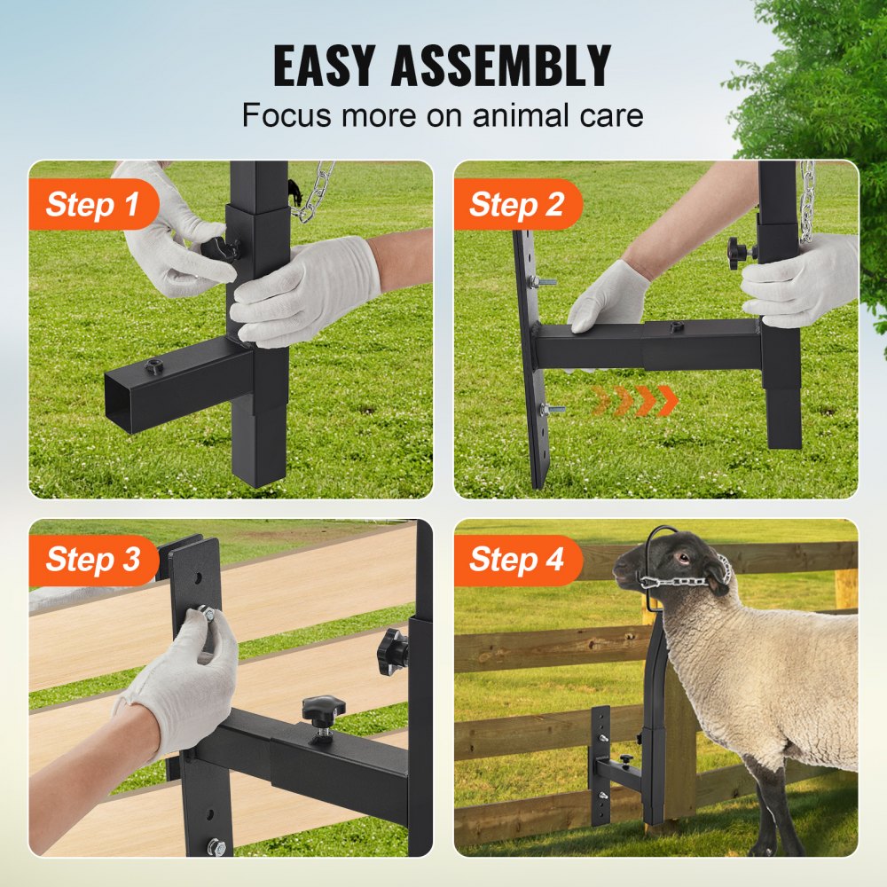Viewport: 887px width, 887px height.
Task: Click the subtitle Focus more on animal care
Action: click(x=443, y=115)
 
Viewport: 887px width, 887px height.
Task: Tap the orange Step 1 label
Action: click(x=92, y=205)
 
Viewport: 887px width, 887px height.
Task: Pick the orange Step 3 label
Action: click(x=92, y=560)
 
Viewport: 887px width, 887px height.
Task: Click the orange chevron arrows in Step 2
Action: click(x=635, y=401)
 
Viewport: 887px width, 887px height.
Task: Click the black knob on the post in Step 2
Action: click(x=740, y=252)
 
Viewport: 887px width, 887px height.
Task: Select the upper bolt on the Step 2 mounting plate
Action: click(x=540, y=282)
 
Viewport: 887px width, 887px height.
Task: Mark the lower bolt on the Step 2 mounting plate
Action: click(x=551, y=409)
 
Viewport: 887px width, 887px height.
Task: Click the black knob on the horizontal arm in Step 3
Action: click(x=322, y=710)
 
